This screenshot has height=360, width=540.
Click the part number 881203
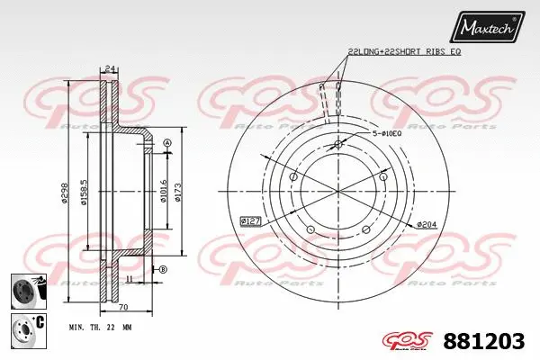point(488,340)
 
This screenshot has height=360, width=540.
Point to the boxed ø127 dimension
point(253,220)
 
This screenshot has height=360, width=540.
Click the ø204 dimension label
point(427,223)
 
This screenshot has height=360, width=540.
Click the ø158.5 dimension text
point(84,191)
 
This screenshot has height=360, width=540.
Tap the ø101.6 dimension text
point(163,193)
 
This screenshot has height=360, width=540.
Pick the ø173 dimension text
point(179,193)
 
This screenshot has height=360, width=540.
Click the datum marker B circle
point(163,270)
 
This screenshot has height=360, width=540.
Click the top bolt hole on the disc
point(338,146)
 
